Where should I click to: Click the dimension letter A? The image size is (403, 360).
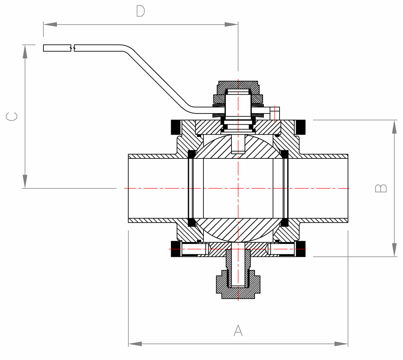pos(238,330)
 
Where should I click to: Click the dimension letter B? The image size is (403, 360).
pos(381,188)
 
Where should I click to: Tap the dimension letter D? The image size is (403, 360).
pos(140,12)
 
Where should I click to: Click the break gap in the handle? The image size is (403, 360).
pos(73,48)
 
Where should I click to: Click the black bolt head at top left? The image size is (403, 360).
pos(176,127)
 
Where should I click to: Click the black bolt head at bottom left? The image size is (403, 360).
pos(176,249)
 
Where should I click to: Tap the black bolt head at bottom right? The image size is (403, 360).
pos(300,249)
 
